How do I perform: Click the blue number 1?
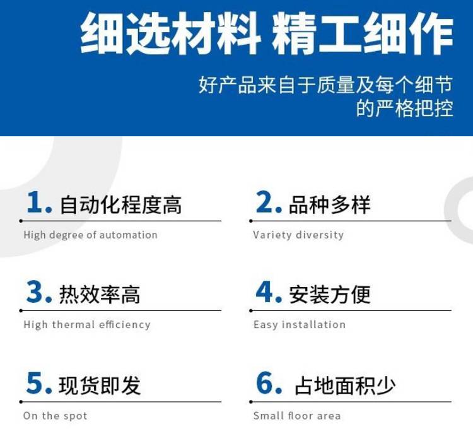coord(34,202)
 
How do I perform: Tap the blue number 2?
coord(264,202)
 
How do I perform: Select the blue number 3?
coord(35,291)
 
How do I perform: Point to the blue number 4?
coord(264,291)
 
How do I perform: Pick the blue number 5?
coord(35,382)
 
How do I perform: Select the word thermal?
coord(73,324)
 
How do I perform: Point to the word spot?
coord(76,416)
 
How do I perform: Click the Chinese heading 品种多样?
coord(329,205)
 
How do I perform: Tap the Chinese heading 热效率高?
coord(100,295)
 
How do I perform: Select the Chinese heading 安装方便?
coord(329,295)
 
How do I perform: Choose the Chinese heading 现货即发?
coord(100,385)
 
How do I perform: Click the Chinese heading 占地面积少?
coord(345,385)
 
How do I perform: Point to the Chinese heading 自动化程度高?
coord(120,205)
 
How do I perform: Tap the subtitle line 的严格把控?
coord(404,109)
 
